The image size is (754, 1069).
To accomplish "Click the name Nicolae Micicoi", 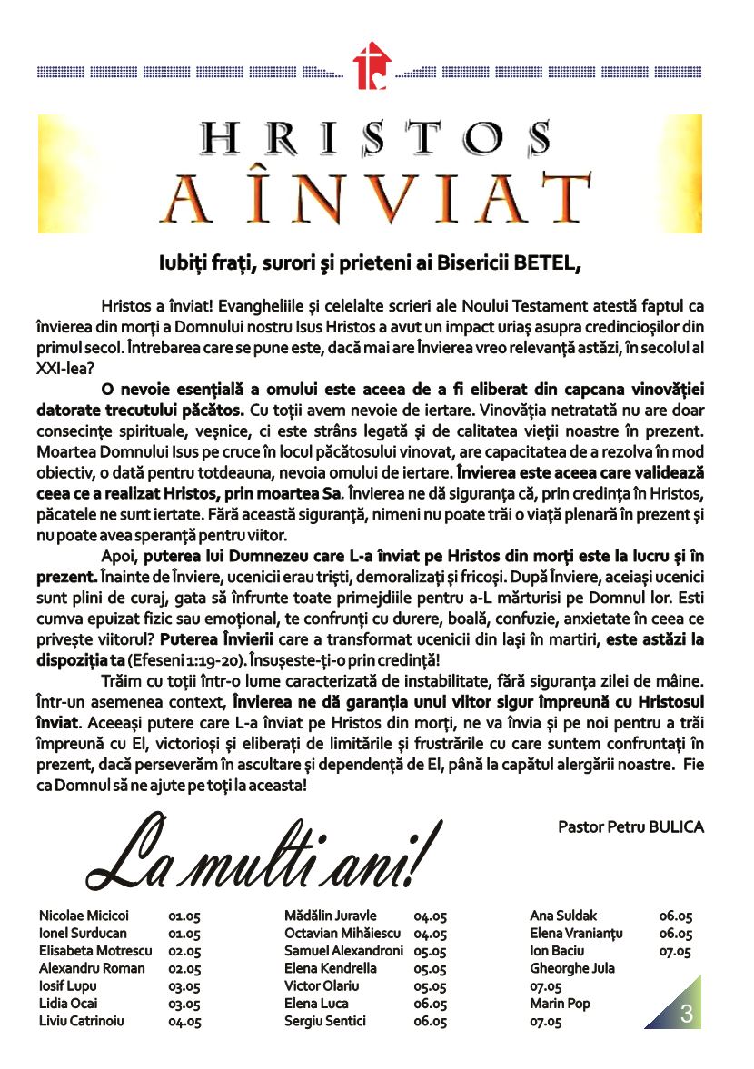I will [x=84, y=916].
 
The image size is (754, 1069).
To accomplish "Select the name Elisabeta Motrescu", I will [x=95, y=951].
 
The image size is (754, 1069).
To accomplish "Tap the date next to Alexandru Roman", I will [x=184, y=969].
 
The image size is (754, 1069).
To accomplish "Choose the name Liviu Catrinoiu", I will [x=82, y=1021].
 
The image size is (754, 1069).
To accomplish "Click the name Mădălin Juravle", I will [x=330, y=916].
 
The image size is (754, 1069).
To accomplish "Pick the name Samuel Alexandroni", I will [x=343, y=951].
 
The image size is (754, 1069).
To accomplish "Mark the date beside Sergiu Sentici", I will [x=430, y=1021].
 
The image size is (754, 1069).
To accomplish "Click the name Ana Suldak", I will [x=563, y=916].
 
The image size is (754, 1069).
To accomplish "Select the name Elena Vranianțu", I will [x=577, y=934].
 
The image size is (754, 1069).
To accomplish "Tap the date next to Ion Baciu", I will [x=675, y=952].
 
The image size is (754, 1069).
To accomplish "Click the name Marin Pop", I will [x=557, y=1004].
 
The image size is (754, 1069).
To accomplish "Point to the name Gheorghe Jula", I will [x=571, y=968].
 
